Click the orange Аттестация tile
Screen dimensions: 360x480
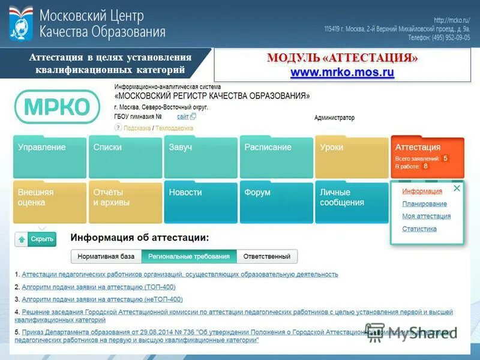[x=427, y=156]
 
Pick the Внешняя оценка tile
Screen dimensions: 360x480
[x=49, y=202]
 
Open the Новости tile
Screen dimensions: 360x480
[x=200, y=202]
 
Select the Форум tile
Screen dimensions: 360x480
[x=276, y=202]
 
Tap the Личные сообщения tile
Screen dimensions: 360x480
[x=351, y=202]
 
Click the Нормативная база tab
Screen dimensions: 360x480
[x=106, y=257]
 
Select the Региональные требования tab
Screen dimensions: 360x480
[x=189, y=257]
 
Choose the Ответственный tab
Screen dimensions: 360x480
[x=266, y=257]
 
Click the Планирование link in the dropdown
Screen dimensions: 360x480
[x=424, y=204]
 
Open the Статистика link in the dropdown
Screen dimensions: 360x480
[x=419, y=229]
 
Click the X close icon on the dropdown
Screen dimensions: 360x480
[x=457, y=188]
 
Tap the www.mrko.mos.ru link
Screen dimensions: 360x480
[x=342, y=73]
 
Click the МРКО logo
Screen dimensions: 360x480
[x=57, y=107]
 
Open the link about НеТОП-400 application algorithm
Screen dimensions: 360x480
[x=102, y=299]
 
